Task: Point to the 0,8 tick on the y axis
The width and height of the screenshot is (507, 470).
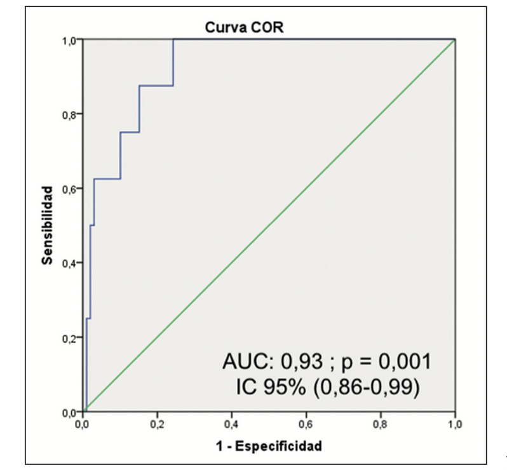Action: pyautogui.click(x=71, y=114)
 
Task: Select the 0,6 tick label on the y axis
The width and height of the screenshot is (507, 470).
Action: pyautogui.click(x=71, y=189)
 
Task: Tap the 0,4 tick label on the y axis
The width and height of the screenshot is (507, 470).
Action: pyautogui.click(x=71, y=263)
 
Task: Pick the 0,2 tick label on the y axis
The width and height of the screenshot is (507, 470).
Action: pyautogui.click(x=71, y=337)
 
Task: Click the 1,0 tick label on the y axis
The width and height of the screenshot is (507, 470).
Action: pyautogui.click(x=71, y=40)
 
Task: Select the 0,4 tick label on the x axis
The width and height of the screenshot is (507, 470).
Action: pyautogui.click(x=233, y=424)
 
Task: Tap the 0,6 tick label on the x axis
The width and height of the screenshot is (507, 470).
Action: pyautogui.click(x=308, y=424)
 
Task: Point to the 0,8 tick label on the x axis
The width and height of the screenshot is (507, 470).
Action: pyautogui.click(x=381, y=424)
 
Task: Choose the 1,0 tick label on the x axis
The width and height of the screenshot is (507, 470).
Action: pyautogui.click(x=455, y=424)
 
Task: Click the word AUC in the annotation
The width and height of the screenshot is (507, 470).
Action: pyautogui.click(x=245, y=362)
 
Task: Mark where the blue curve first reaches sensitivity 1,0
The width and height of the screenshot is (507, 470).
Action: pyautogui.click(x=173, y=40)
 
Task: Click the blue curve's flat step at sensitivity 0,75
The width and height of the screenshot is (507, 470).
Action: pyautogui.click(x=130, y=132)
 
